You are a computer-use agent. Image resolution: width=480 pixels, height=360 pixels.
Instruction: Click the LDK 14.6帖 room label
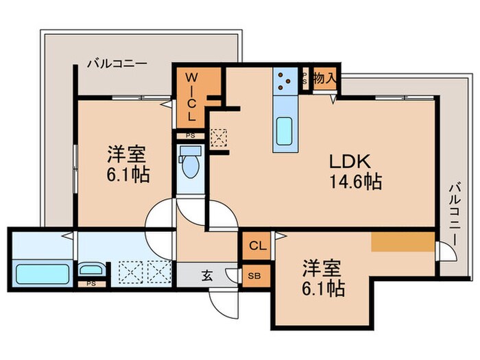click(355, 172)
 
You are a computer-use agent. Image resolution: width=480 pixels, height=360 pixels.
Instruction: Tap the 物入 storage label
click(324, 79)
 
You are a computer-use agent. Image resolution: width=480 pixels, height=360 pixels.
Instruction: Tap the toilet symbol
click(189, 164)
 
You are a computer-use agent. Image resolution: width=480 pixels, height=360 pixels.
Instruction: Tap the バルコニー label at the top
click(116, 64)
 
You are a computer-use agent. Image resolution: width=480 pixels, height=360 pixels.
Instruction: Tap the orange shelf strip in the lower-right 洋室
click(403, 242)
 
